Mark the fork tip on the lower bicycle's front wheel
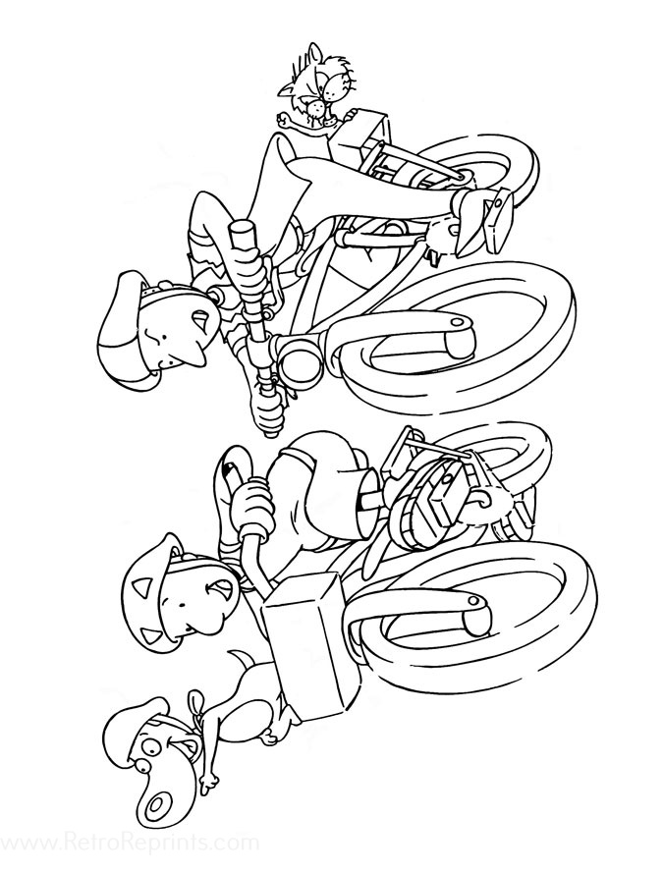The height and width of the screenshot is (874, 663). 474,602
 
